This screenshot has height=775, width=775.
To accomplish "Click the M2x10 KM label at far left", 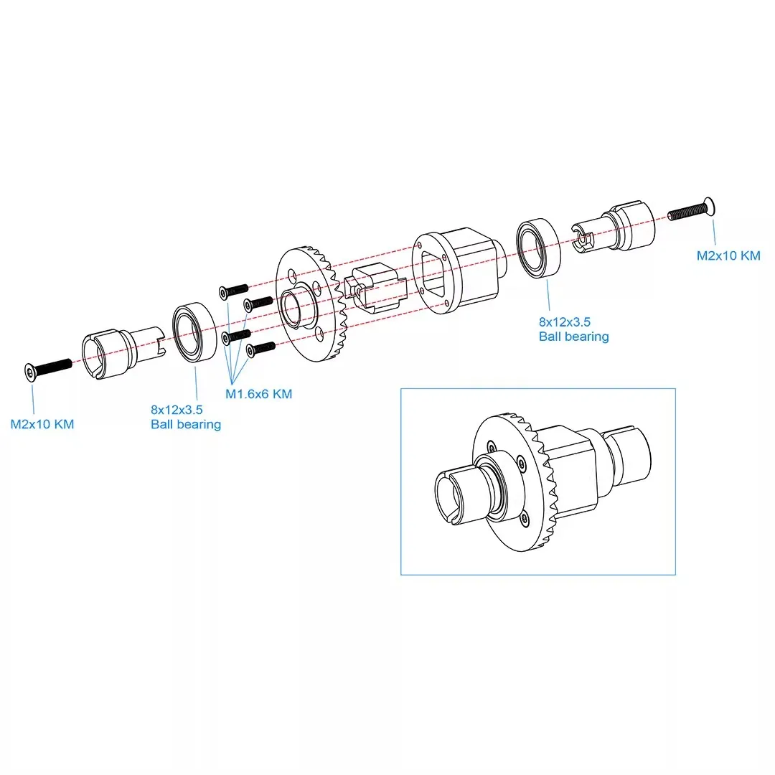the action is (x=42, y=424).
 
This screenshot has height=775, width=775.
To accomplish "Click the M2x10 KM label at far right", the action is (x=728, y=255).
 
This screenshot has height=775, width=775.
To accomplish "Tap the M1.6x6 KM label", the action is (x=258, y=394).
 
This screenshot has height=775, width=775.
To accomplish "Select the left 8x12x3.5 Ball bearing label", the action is (x=185, y=417).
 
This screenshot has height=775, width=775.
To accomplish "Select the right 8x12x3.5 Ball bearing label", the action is (x=573, y=329).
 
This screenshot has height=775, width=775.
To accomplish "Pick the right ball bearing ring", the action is (x=537, y=249).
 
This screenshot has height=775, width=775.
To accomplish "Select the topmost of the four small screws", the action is (x=233, y=288).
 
